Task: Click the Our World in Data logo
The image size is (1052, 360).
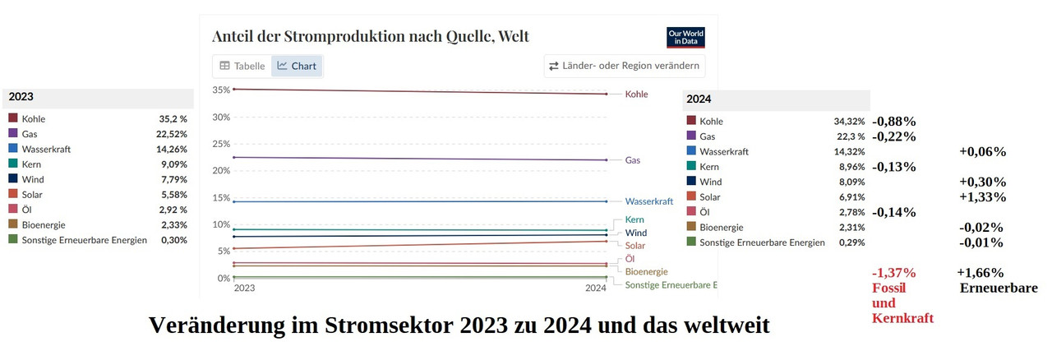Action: [685, 38]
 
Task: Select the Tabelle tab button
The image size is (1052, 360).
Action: [242, 66]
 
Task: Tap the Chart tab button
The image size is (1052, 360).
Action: [297, 66]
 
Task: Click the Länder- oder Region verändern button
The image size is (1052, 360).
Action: [625, 66]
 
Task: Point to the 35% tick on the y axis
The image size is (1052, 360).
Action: [221, 90]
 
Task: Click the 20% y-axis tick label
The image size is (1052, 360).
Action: [221, 170]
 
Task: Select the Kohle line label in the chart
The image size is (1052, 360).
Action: [636, 95]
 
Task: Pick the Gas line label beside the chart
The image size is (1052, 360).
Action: [632, 160]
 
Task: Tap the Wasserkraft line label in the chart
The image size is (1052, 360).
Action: [648, 201]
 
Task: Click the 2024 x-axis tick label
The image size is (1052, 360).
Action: [595, 288]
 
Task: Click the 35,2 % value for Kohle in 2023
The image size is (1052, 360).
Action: [173, 118]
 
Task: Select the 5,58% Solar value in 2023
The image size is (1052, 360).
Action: [173, 195]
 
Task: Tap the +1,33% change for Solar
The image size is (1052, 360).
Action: [982, 197]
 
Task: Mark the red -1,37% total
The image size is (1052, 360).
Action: [893, 273]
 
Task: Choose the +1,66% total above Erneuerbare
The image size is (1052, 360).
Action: [980, 273]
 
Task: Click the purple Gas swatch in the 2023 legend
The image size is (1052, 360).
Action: [13, 133]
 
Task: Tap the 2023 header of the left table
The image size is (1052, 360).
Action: [21, 97]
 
